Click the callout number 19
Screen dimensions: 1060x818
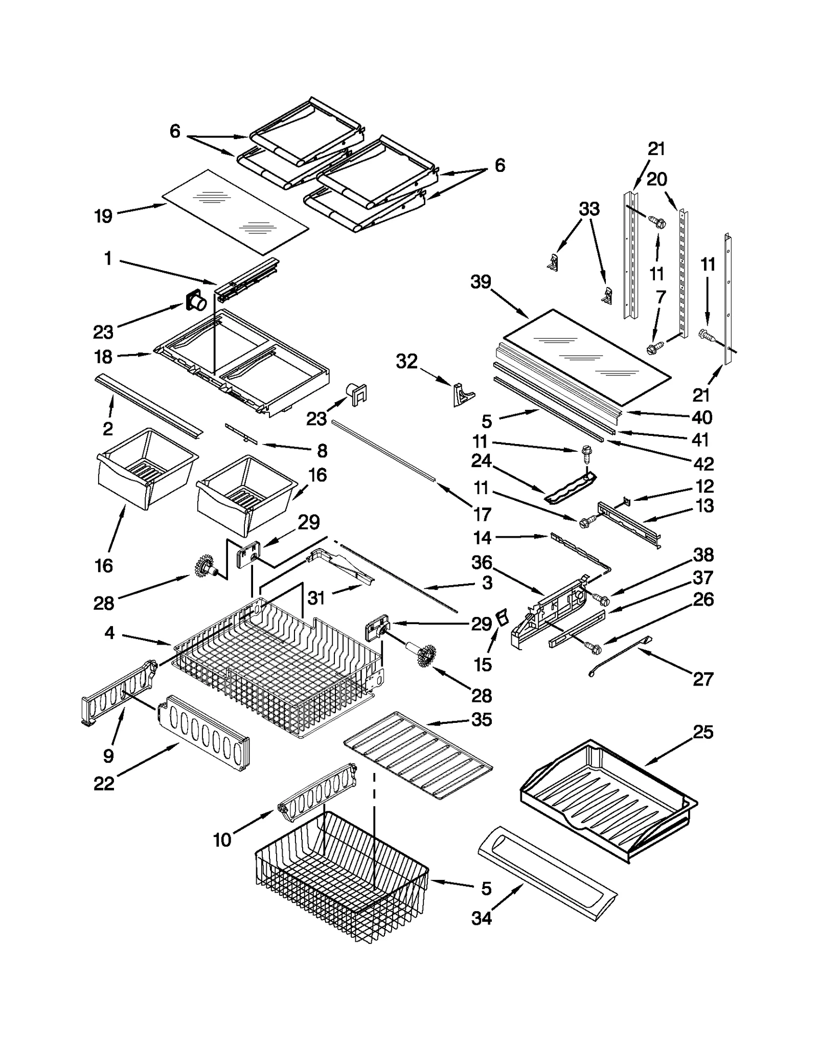pos(103,216)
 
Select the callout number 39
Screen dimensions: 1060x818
pos(481,282)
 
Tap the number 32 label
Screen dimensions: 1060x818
pos(406,362)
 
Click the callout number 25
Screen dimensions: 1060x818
pos(703,732)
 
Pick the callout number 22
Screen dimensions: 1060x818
pos(104,784)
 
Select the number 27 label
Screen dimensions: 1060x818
pos(703,679)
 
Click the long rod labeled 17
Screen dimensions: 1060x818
pos(383,450)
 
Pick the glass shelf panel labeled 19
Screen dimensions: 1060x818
pos(235,212)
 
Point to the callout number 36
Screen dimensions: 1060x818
pos(481,563)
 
